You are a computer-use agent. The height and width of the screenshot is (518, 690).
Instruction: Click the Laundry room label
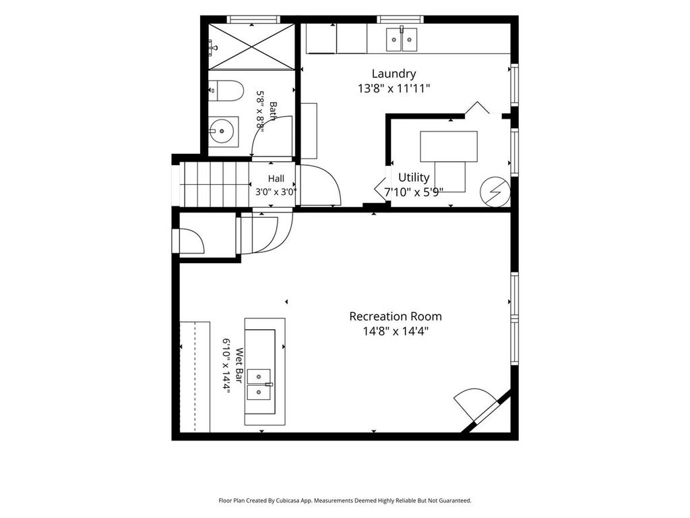coord(394,74)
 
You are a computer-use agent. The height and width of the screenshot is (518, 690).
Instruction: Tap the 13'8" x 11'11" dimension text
coord(394,88)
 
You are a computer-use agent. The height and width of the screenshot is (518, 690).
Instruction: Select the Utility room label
coord(414,177)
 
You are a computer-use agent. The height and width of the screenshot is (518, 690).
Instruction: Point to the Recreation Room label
coord(396,316)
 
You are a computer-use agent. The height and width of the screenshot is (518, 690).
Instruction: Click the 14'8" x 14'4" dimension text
coord(396,330)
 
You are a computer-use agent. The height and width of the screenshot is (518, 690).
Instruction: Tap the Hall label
coord(276,178)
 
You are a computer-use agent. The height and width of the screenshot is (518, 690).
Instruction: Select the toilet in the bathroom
coord(226,90)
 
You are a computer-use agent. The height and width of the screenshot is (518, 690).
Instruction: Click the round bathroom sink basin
coord(221,132)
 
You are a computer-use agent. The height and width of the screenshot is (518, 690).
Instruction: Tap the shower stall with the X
coord(251,47)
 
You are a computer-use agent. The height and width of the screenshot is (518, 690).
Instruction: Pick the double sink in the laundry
coord(402,40)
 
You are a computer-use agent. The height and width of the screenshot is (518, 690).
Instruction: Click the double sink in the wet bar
coord(259,384)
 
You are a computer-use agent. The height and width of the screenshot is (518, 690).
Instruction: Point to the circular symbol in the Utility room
coord(495,192)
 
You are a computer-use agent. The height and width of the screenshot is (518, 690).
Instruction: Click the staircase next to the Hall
coord(215,184)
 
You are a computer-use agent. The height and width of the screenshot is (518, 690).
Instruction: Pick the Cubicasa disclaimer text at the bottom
coord(345,500)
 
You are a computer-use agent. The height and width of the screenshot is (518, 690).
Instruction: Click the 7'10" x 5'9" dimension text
coord(414,192)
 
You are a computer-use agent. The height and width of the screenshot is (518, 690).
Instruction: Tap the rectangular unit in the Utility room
coord(449,146)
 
